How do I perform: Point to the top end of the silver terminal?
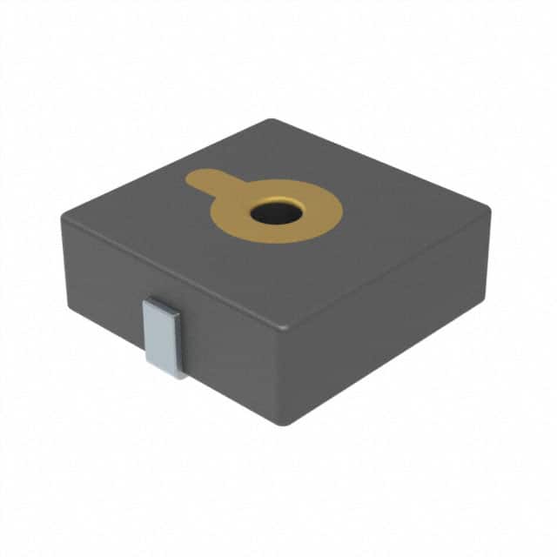point(161,302)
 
